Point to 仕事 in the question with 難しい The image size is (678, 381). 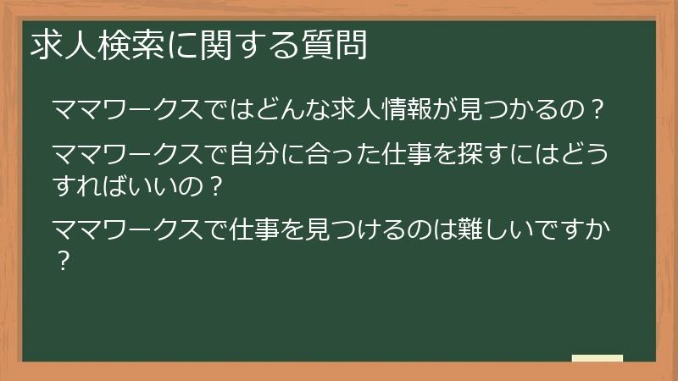click(254, 229)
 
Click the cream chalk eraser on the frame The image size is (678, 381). click(597, 358)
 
